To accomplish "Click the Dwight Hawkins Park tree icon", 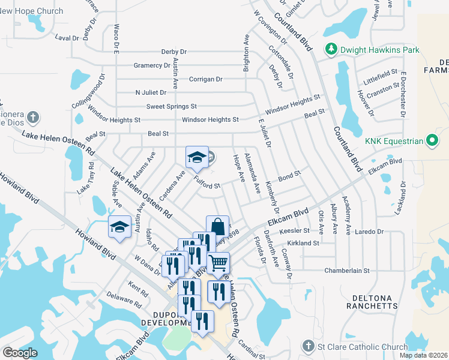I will (x=330, y=49).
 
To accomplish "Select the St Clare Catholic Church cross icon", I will (x=308, y=346).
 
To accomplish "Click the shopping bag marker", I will (x=217, y=227).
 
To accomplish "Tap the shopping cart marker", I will (x=218, y=262).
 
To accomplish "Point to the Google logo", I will (x=20, y=353).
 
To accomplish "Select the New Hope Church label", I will (x=32, y=11).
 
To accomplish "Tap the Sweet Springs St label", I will (x=172, y=106).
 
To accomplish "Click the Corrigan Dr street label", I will (x=206, y=79).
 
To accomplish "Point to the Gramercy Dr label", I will (x=153, y=65).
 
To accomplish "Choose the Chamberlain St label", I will (x=347, y=271).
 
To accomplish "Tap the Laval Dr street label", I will (x=67, y=37).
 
